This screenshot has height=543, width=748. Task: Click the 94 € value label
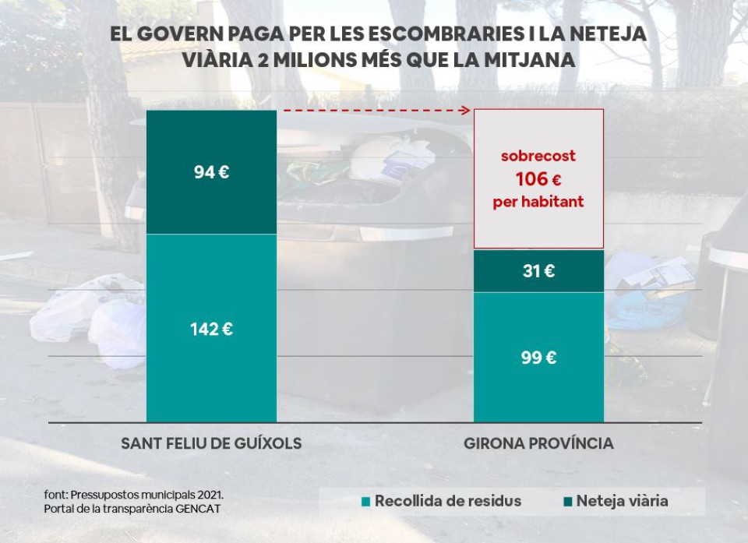[x=211, y=172]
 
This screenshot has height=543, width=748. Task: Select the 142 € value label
[x=211, y=329]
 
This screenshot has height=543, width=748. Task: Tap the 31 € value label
[x=538, y=271]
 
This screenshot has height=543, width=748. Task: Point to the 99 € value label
[x=538, y=358]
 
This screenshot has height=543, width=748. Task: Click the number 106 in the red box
[x=531, y=179]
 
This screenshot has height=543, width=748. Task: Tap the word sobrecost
[x=538, y=156]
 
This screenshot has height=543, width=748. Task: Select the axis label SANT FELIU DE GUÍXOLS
[x=211, y=443]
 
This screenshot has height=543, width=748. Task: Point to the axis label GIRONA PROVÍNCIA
[x=538, y=443]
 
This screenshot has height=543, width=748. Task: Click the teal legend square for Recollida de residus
[x=365, y=501]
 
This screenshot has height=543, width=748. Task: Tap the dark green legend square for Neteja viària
[x=567, y=501]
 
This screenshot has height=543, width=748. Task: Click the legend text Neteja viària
[x=622, y=501]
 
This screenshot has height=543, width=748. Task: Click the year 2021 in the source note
[x=211, y=495]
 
